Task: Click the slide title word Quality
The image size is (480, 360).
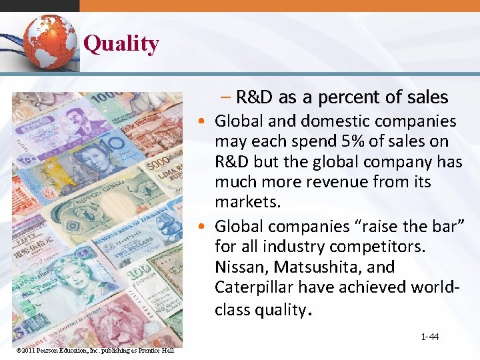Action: point(121,44)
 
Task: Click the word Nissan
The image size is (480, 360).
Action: point(241,267)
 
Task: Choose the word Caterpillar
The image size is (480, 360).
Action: point(255,287)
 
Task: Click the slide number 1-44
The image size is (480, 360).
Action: point(429,337)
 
